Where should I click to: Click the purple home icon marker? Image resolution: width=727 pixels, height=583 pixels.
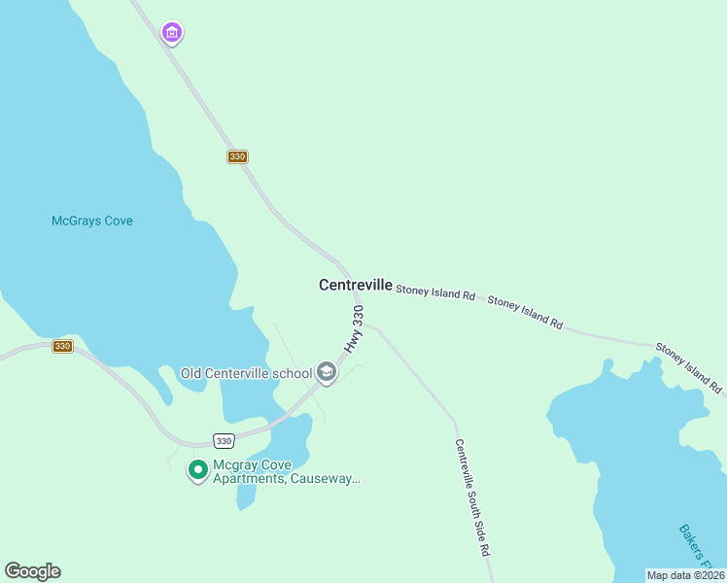tap(172, 34)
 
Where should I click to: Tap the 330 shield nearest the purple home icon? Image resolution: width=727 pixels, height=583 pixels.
tap(238, 156)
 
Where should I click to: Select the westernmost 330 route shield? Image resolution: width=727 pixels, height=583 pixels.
tap(62, 346)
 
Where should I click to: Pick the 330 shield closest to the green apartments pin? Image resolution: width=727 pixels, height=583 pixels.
tap(224, 439)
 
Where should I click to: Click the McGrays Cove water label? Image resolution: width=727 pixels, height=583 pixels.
tap(91, 221)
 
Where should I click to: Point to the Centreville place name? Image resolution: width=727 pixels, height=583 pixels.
tap(356, 285)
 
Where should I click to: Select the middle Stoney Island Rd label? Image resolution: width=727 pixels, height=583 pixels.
tap(525, 311)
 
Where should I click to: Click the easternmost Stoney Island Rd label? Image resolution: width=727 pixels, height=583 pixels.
tap(688, 367)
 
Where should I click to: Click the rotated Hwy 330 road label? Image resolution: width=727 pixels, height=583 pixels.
tap(354, 329)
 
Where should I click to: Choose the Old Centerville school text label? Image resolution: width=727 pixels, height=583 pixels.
tap(246, 373)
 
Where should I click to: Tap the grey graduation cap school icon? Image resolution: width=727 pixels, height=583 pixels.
tap(327, 372)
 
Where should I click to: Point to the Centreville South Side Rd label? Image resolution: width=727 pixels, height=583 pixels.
tap(472, 497)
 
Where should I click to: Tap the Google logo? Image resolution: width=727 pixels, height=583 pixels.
tap(32, 571)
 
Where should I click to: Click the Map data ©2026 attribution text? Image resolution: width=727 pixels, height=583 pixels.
tap(685, 575)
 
